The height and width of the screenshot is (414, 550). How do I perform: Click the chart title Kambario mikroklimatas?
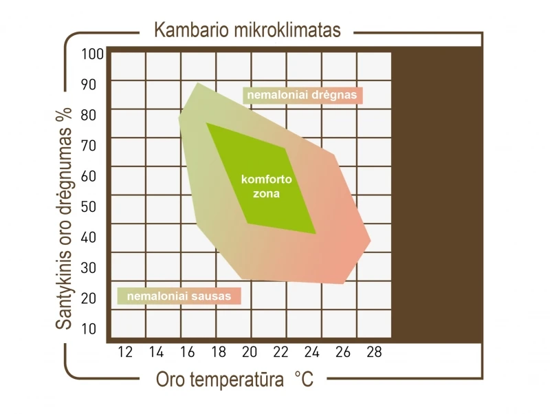click(x=247, y=30)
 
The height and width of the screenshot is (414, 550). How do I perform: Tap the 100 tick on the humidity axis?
click(x=93, y=54)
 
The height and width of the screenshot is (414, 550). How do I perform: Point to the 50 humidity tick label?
click(x=89, y=206)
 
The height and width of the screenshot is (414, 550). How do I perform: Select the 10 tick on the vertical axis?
click(x=89, y=329)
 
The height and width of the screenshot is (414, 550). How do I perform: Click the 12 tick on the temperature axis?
click(x=125, y=352)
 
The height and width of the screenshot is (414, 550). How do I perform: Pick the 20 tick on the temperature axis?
click(x=250, y=352)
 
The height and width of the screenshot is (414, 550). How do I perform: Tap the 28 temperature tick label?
click(x=374, y=352)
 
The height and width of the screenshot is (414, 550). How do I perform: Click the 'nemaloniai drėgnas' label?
click(x=302, y=95)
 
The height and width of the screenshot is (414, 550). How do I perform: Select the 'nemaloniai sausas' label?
click(x=179, y=296)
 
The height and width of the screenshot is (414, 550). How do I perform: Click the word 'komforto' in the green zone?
click(x=267, y=179)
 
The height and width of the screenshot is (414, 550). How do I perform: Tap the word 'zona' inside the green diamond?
click(x=267, y=194)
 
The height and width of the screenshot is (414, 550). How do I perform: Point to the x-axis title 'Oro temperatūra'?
click(x=220, y=379)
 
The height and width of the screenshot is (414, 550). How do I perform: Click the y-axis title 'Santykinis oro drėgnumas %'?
click(x=64, y=218)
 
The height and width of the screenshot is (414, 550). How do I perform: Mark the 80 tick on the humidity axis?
click(x=89, y=115)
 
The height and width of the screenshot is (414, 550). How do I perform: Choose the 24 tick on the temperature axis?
click(x=312, y=352)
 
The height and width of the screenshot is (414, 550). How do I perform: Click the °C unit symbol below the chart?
click(x=304, y=379)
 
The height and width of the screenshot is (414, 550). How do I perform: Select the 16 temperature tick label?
click(x=187, y=352)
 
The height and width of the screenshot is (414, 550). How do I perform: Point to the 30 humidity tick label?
click(x=89, y=268)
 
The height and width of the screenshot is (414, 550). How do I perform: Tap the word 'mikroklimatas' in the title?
click(x=287, y=30)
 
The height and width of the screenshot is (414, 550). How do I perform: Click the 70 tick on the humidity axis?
click(x=89, y=146)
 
